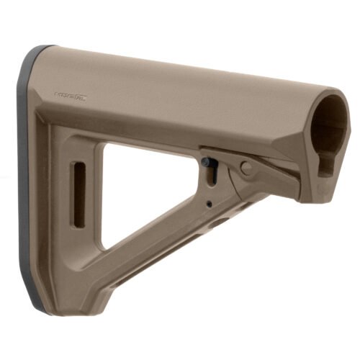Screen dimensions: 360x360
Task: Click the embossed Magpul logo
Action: pos(70,94)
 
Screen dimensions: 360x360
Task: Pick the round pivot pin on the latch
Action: pos(246,168)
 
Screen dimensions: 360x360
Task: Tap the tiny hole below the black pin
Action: pos(209,204)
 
